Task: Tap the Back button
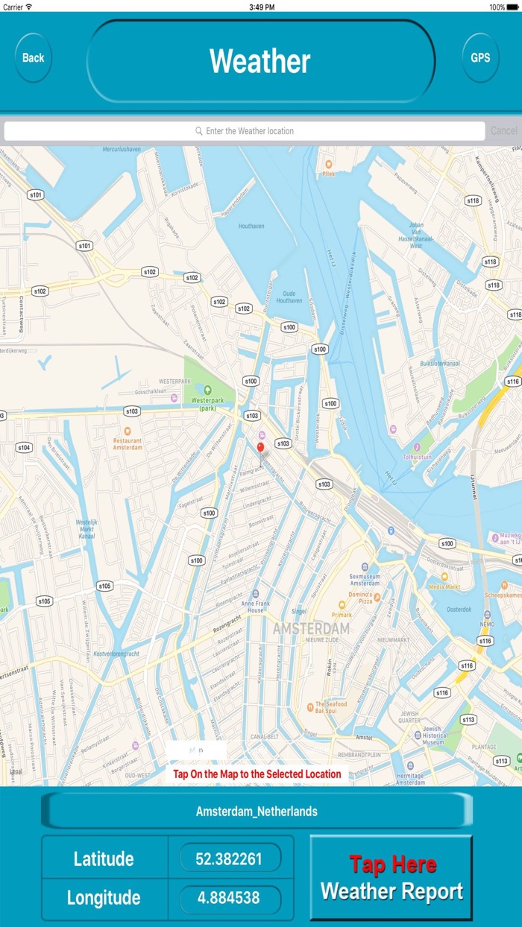tap(33, 57)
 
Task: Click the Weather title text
tap(260, 61)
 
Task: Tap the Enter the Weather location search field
tap(245, 131)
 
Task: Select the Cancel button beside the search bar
tap(503, 131)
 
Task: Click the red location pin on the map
tap(260, 448)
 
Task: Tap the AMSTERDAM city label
tap(311, 629)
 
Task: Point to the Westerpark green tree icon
tap(208, 389)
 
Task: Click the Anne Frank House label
tap(256, 606)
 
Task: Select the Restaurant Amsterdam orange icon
tap(128, 431)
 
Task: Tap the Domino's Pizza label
tap(365, 596)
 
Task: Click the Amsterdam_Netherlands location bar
tap(257, 811)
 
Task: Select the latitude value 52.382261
tap(229, 858)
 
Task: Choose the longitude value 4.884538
tap(229, 898)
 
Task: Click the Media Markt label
tap(445, 586)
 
